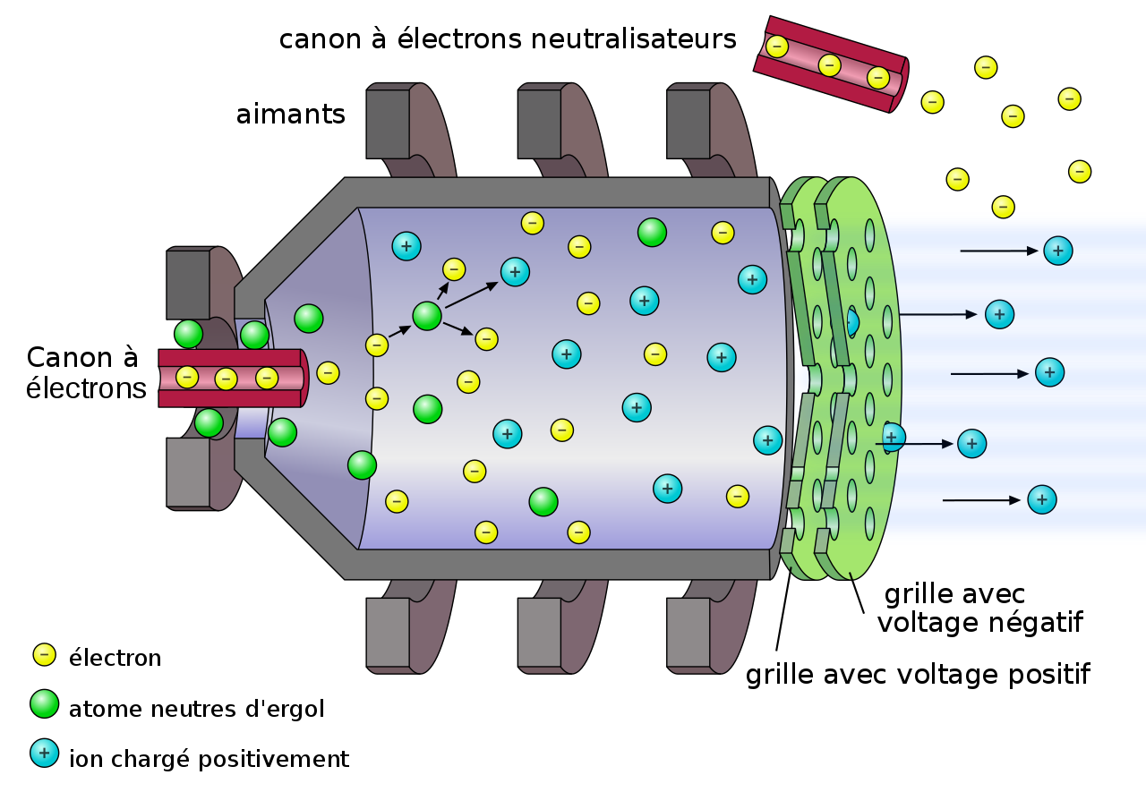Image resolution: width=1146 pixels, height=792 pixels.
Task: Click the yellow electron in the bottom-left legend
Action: coord(44,655)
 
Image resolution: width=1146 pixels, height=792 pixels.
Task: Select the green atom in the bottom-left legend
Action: coord(44,703)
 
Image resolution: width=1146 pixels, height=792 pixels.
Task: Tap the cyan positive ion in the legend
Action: coord(44,753)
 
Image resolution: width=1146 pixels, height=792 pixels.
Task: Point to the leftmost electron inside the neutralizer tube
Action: coord(777,47)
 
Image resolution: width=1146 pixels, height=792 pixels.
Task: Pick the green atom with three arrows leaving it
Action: coord(427,316)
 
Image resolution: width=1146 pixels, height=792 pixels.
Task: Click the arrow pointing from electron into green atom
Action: coord(399,331)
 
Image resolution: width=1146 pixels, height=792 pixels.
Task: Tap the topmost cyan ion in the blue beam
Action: coord(1057,251)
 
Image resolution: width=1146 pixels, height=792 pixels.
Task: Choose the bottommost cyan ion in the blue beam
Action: coord(1041,499)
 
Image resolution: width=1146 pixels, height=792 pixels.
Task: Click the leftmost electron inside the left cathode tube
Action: coord(187,377)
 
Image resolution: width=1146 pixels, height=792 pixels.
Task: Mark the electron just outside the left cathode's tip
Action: coord(328,373)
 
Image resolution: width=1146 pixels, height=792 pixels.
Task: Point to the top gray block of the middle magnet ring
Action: coord(539,123)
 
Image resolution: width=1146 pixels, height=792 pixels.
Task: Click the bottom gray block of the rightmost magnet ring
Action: coord(688,633)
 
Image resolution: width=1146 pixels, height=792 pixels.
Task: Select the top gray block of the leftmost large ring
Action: coord(388,123)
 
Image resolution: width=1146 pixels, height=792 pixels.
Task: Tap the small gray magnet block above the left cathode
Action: coord(188,284)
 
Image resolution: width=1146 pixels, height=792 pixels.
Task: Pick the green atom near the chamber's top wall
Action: coord(652,233)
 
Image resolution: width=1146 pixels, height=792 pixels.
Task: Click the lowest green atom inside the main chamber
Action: coord(543,502)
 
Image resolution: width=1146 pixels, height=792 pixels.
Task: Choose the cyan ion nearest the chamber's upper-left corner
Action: coord(406,246)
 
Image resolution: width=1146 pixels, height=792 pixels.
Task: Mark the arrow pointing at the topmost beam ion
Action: coord(998,251)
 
